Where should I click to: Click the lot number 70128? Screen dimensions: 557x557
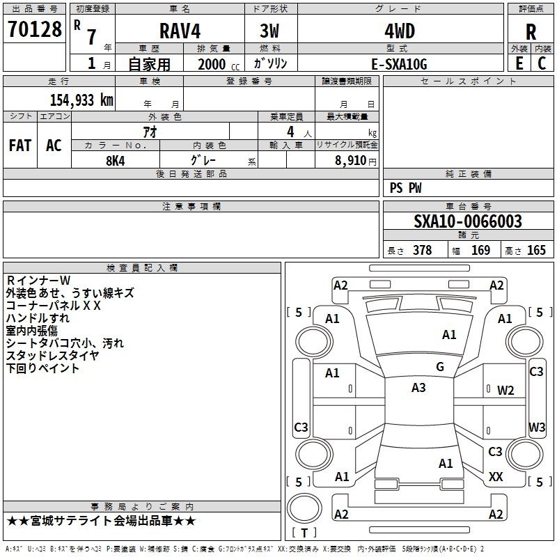(35, 29)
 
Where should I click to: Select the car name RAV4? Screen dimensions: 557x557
(180, 31)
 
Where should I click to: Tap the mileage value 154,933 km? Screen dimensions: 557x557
(81, 100)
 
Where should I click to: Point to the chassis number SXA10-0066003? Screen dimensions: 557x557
(468, 221)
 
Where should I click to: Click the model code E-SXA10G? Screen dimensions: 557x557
(399, 64)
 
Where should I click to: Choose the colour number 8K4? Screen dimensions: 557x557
(116, 161)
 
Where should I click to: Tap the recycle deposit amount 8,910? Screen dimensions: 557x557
(350, 161)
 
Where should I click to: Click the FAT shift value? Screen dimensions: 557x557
(20, 146)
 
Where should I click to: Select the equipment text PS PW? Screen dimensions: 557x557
(405, 188)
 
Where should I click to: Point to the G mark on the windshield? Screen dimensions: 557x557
(440, 367)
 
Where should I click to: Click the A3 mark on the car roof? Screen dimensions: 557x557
(418, 388)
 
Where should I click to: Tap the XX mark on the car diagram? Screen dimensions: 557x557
(496, 477)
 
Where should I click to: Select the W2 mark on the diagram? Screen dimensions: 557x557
(505, 391)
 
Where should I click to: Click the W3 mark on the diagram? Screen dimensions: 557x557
(537, 427)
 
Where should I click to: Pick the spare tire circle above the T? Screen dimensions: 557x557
(304, 508)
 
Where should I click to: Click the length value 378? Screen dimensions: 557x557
(423, 250)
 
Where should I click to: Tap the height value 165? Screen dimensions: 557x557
(536, 250)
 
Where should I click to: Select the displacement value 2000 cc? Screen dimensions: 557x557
(219, 64)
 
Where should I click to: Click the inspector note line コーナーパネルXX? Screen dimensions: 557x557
(54, 306)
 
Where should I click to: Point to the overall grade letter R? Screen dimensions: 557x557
(531, 32)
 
